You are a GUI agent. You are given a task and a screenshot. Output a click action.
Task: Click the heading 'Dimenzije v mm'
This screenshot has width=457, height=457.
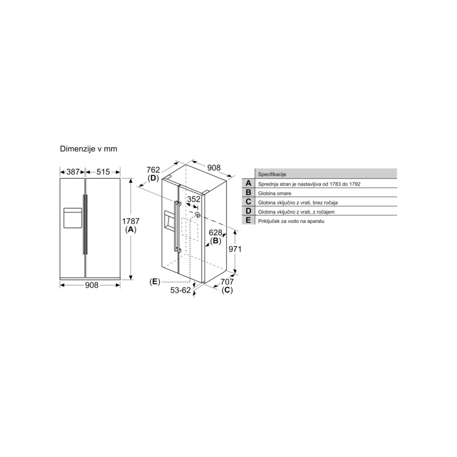pos(89,149)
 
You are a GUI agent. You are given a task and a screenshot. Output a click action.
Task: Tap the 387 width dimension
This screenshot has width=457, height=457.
pos(73,172)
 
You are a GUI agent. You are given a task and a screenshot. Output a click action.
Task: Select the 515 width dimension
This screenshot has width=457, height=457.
pos(103,172)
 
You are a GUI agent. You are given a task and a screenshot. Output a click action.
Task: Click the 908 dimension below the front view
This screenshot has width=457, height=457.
pos(91,285)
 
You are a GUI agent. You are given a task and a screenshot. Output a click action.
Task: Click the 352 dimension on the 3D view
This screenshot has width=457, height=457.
pos(194,199)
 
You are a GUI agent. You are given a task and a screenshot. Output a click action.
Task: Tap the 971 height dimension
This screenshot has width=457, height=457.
pos(235,249)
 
